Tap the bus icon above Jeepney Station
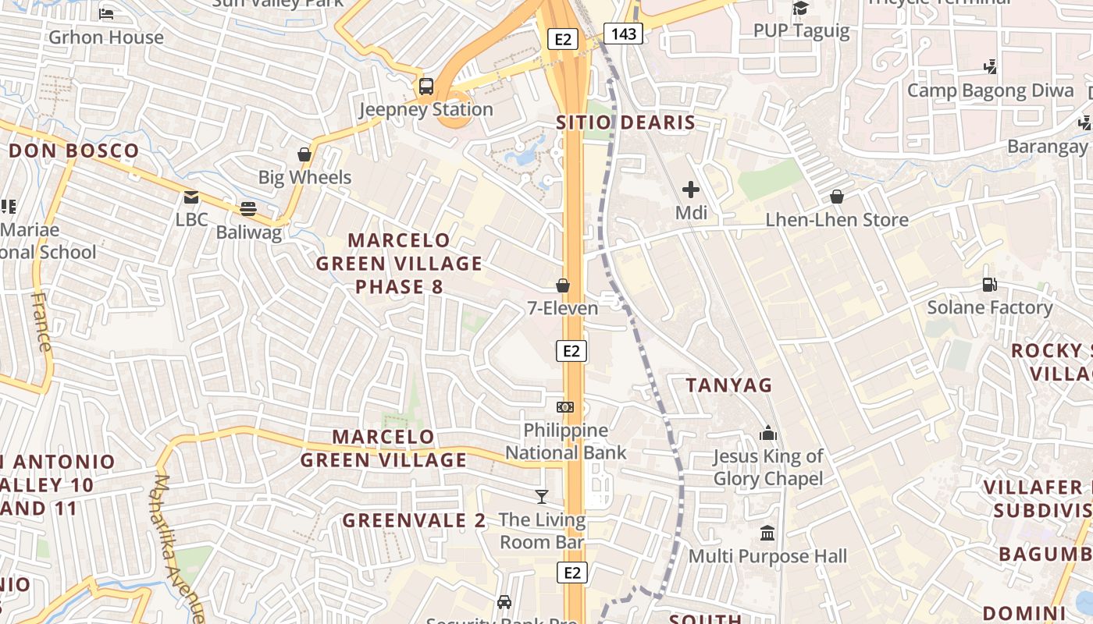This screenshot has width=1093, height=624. tap(426, 86)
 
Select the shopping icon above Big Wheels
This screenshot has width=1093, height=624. tap(304, 154)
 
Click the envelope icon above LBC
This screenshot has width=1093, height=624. tap(191, 197)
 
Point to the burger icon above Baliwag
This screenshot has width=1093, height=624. tap(248, 208)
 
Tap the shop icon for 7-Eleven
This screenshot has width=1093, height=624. tap(562, 285)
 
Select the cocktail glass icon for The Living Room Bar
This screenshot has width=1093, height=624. tap(542, 496)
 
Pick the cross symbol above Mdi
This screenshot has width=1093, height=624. tap(691, 189)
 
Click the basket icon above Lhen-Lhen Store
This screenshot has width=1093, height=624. tap(837, 196)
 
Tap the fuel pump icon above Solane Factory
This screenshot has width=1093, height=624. tap(990, 285)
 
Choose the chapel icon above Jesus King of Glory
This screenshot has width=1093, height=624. tap(768, 433)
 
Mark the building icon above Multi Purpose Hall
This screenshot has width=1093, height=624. tap(767, 534)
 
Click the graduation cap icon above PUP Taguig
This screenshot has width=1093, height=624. tap(800, 8)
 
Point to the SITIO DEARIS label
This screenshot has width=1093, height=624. tap(625, 122)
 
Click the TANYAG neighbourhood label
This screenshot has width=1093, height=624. tap(728, 385)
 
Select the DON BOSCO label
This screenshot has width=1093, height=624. tap(74, 151)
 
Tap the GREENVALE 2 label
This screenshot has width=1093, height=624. tap(414, 520)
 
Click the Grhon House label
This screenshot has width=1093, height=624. tap(106, 37)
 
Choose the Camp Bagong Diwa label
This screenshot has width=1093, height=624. tap(990, 90)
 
